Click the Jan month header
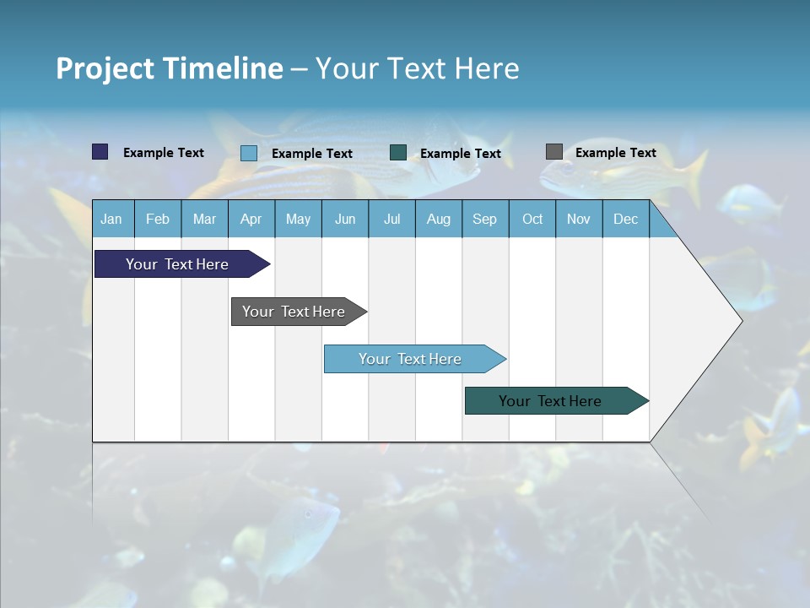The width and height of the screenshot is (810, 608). pyautogui.click(x=111, y=219)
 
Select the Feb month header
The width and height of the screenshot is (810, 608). pyautogui.click(x=158, y=219)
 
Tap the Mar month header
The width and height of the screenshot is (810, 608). pyautogui.click(x=204, y=219)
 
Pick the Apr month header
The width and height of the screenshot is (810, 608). pyautogui.click(x=251, y=219)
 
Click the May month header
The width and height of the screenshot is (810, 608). pyautogui.click(x=298, y=219)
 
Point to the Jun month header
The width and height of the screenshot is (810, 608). pyautogui.click(x=345, y=219)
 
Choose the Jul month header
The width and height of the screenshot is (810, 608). pyautogui.click(x=391, y=219)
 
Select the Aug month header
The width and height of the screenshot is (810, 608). pyautogui.click(x=438, y=219)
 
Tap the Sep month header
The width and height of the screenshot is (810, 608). pyautogui.click(x=484, y=219)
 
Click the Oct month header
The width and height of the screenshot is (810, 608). pyautogui.click(x=532, y=219)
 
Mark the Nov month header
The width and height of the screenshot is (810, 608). pyautogui.click(x=579, y=219)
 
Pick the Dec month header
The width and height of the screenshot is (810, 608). pyautogui.click(x=625, y=219)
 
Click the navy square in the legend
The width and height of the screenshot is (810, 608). pyautogui.click(x=100, y=152)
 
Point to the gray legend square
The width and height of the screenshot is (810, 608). pyautogui.click(x=554, y=152)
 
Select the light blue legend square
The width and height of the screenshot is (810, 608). pyautogui.click(x=249, y=153)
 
